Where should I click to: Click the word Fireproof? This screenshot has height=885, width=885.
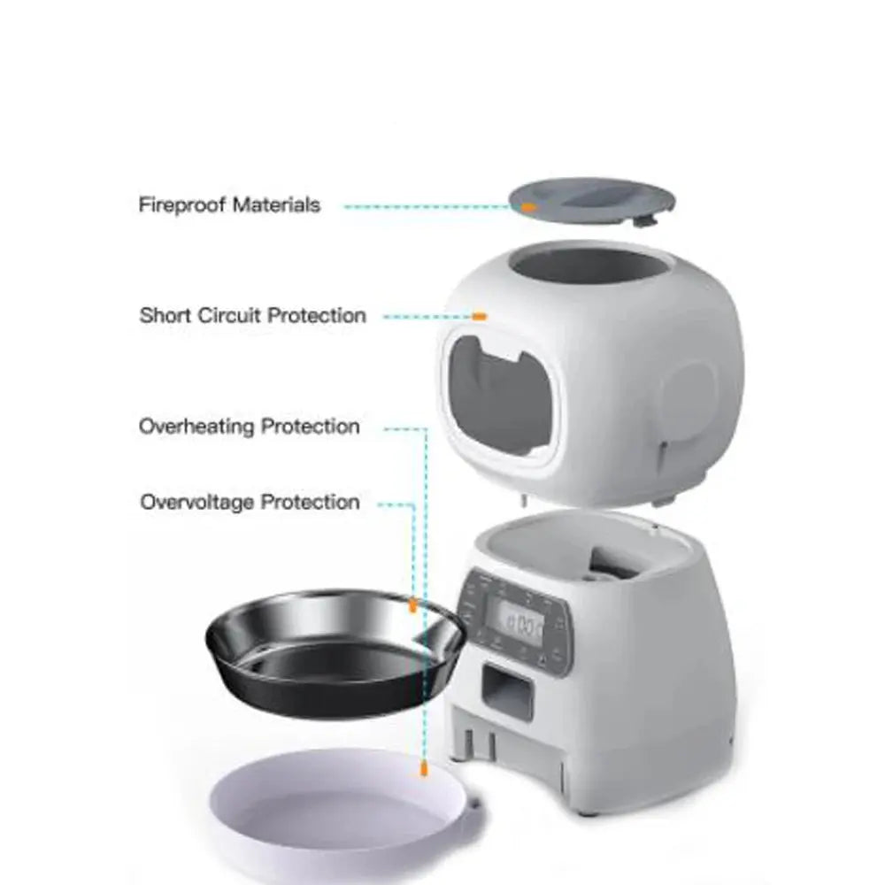pyautogui.click(x=181, y=205)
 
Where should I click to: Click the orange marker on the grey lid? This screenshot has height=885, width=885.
pyautogui.click(x=528, y=207)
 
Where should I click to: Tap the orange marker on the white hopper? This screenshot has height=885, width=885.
pyautogui.click(x=479, y=316)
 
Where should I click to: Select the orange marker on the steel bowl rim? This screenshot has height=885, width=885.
pyautogui.click(x=412, y=605)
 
